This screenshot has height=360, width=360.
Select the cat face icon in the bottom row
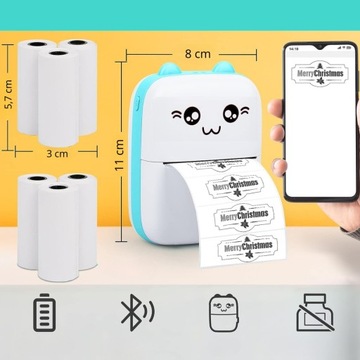click(x=224, y=312)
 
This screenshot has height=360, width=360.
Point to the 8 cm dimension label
click(x=197, y=46)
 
